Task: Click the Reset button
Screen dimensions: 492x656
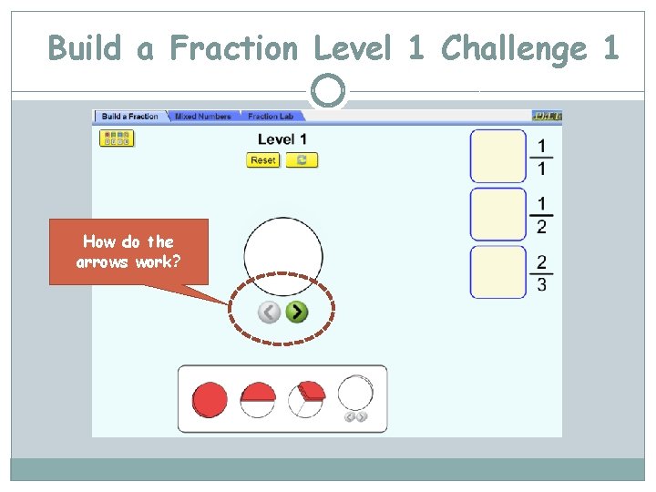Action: point(262,160)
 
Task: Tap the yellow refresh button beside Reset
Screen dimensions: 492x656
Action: point(302,160)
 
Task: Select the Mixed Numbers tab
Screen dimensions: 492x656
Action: point(202,117)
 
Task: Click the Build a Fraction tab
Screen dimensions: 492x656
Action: point(129,117)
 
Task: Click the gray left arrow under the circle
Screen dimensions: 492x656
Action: point(269,313)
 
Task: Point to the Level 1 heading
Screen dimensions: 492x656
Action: point(282,139)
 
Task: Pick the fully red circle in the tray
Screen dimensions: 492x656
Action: point(210,399)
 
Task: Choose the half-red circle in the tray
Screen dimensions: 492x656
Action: point(258,399)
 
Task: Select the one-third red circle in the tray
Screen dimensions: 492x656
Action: point(306,399)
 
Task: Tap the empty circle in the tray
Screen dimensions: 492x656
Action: point(355,395)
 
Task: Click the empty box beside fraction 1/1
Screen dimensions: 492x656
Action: point(498,156)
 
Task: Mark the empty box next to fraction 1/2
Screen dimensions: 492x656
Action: point(498,214)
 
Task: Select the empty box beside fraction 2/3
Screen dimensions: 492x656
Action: point(498,272)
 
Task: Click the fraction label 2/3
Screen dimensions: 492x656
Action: point(542,272)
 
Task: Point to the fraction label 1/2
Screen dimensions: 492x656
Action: point(542,215)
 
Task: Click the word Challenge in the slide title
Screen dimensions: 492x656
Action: point(514,48)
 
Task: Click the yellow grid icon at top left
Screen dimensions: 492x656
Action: point(117,138)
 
